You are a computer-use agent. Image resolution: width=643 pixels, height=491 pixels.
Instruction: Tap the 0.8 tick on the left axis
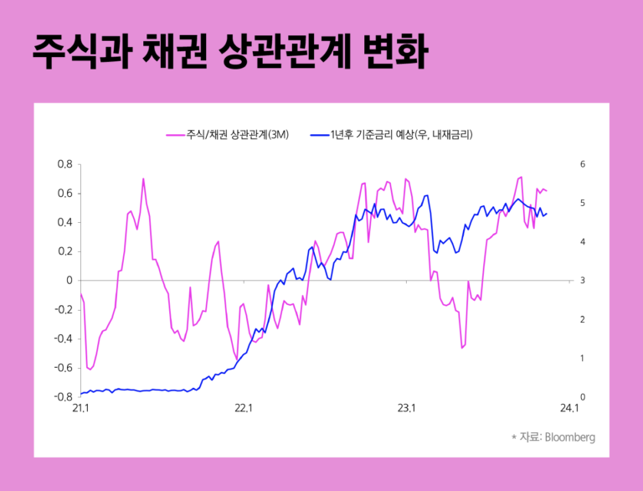64,164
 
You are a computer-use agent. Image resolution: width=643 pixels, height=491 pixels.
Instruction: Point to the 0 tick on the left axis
69,281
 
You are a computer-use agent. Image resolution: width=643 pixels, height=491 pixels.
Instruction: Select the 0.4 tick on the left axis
64,223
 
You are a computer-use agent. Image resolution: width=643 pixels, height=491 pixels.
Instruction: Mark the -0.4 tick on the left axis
63,339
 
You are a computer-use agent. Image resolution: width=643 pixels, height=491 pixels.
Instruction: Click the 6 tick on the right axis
583,164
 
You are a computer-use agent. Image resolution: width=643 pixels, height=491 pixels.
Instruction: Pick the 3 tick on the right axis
583,281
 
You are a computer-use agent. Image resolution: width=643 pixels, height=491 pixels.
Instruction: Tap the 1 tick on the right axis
583,358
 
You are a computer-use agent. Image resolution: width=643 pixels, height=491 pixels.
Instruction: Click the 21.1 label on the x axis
81,409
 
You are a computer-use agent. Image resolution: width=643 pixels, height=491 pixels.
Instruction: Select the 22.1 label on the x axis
244,409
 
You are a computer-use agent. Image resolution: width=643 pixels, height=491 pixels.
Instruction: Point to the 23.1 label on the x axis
406,409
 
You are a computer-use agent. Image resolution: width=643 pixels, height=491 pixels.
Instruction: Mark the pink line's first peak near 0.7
143,178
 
